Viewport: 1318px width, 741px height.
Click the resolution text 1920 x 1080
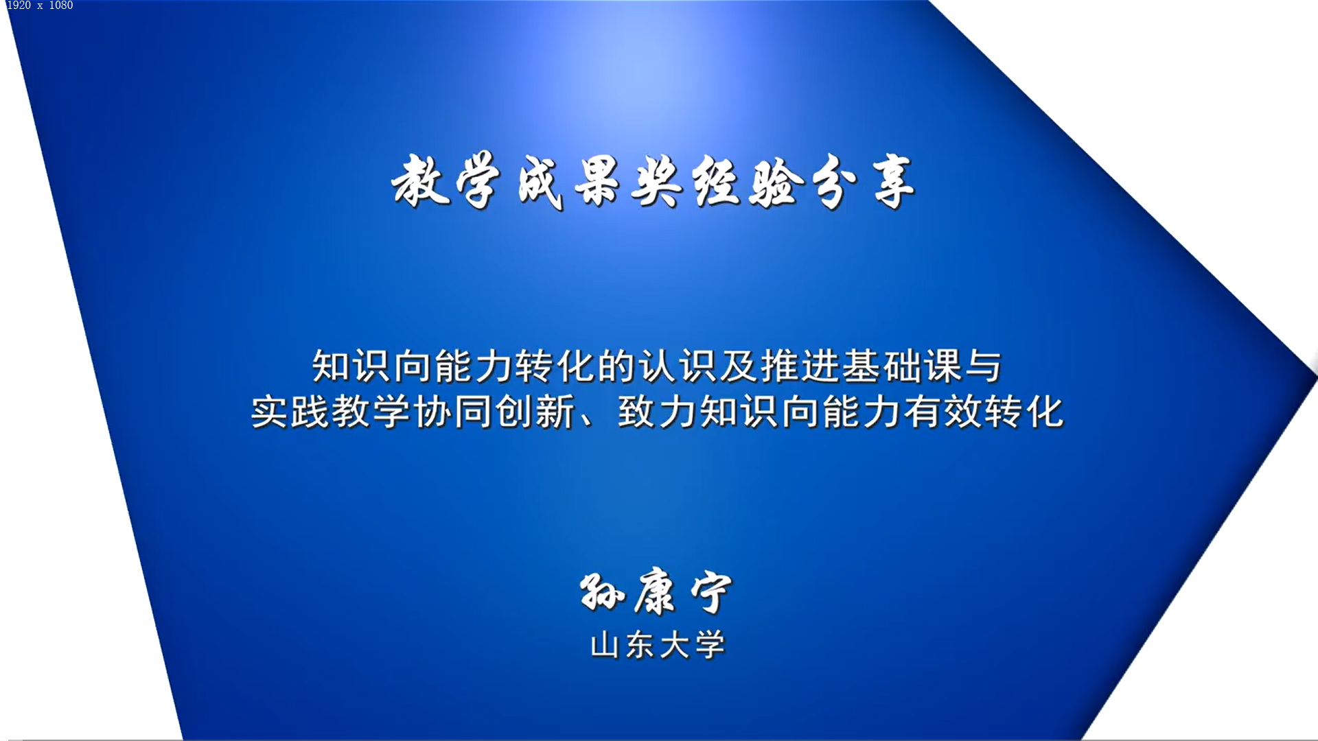[x=40, y=5]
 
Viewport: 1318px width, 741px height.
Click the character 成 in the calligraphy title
[x=540, y=183]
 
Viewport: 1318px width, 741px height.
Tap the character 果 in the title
[x=598, y=181]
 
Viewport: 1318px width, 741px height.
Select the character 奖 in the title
[x=657, y=181]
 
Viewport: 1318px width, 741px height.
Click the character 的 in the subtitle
[x=616, y=366]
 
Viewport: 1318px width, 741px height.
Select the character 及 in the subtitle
[x=739, y=366]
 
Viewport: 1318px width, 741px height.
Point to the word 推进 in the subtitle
[x=800, y=366]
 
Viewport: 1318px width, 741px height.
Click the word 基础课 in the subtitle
[x=902, y=366]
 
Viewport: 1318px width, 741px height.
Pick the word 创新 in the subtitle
[x=535, y=412]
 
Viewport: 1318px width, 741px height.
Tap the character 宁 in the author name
[x=711, y=593]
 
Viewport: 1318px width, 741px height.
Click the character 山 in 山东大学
[x=605, y=646]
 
